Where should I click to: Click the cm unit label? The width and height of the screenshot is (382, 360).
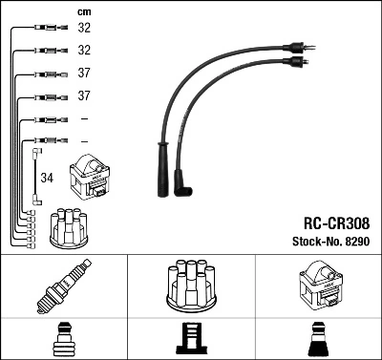coord(84,11)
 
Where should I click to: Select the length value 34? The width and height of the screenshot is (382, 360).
coord(47,177)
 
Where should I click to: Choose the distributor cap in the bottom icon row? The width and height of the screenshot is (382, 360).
coord(190,287)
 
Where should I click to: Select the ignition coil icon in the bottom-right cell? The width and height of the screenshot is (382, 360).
coord(318,287)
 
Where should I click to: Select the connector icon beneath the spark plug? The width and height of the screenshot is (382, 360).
coord(63,340)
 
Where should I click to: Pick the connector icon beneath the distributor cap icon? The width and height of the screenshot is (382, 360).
coord(191,340)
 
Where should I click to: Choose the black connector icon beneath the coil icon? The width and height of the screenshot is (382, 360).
coord(318,340)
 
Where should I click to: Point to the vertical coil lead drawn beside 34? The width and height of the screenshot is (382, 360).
coord(36,177)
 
